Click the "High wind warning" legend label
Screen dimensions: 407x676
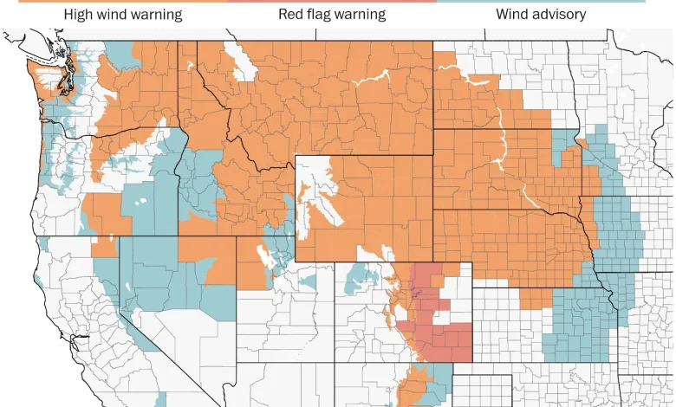[x=122, y=15]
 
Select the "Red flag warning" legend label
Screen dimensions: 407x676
[x=332, y=15]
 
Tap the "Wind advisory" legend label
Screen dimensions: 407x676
[x=540, y=15]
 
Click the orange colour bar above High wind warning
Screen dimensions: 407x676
[x=122, y=2]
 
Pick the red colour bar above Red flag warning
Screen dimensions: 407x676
[x=332, y=2]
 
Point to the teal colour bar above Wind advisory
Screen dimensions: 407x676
[x=540, y=2]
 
